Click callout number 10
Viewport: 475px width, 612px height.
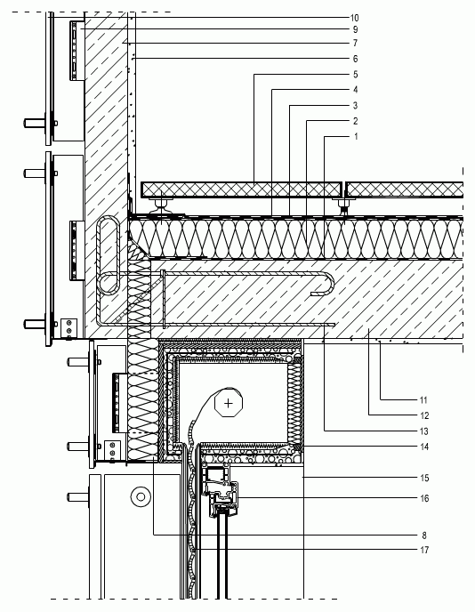click(x=354, y=18)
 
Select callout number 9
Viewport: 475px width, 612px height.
click(x=355, y=29)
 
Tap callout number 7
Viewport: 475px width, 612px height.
click(x=355, y=44)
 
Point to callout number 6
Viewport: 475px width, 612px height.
click(x=355, y=59)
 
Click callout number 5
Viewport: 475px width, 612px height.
click(x=355, y=75)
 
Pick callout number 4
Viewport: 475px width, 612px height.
click(x=355, y=90)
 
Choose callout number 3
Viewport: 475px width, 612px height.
click(x=355, y=106)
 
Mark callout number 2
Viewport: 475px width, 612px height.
click(x=355, y=121)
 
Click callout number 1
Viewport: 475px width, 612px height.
click(x=356, y=137)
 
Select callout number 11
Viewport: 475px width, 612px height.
click(x=424, y=400)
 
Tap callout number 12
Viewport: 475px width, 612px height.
click(x=424, y=416)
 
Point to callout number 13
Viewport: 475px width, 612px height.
click(x=424, y=431)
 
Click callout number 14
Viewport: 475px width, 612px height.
click(x=424, y=447)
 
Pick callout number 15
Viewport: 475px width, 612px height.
click(x=424, y=479)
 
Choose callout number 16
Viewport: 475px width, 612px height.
click(x=424, y=499)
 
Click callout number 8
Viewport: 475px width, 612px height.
click(x=424, y=535)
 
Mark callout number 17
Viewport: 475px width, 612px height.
click(x=424, y=551)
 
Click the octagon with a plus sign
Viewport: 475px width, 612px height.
click(x=229, y=403)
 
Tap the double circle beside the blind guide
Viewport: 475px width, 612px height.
click(x=141, y=497)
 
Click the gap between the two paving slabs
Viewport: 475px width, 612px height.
click(x=344, y=189)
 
